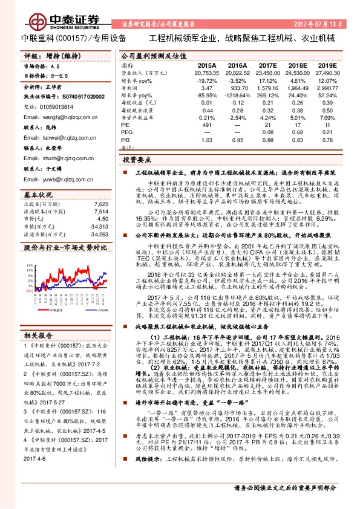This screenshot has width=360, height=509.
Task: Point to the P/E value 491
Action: tap(207, 125)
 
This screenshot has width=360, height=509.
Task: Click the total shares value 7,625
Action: tap(101, 204)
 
